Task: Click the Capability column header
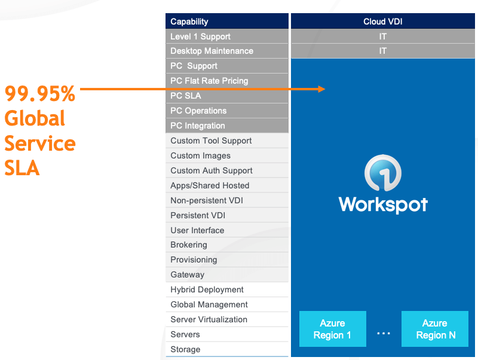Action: point(189,22)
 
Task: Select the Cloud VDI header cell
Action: point(382,22)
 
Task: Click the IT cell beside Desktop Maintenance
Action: point(382,51)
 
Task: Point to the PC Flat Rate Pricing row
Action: point(209,81)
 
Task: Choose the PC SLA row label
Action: point(186,96)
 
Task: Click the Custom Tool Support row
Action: point(211,141)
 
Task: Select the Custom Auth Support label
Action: point(212,170)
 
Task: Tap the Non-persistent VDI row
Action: point(207,200)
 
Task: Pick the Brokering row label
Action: point(189,245)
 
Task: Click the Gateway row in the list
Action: point(188,274)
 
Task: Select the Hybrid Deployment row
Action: point(207,289)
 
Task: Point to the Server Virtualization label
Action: point(209,319)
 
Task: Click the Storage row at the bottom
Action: point(185,349)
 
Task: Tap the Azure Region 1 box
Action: point(332,329)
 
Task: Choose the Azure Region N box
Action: point(435,329)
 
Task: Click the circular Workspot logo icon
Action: point(382,173)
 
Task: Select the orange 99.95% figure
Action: point(40,94)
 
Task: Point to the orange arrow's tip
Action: point(324,89)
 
